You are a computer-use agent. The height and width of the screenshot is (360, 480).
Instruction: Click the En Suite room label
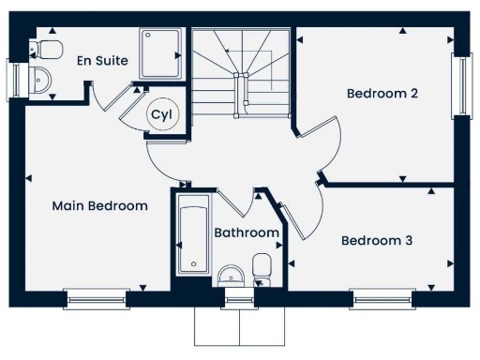(103, 60)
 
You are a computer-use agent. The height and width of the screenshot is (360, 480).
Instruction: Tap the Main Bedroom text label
(99, 205)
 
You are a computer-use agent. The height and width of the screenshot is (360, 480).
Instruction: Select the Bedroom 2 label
(382, 93)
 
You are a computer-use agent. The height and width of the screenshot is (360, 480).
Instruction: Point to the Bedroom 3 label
(376, 240)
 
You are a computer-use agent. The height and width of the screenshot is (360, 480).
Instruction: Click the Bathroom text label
(246, 232)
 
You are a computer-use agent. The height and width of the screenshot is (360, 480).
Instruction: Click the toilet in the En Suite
(49, 48)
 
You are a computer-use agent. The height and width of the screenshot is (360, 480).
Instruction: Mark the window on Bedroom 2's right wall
(461, 85)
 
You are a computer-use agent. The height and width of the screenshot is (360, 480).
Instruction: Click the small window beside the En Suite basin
(14, 79)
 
